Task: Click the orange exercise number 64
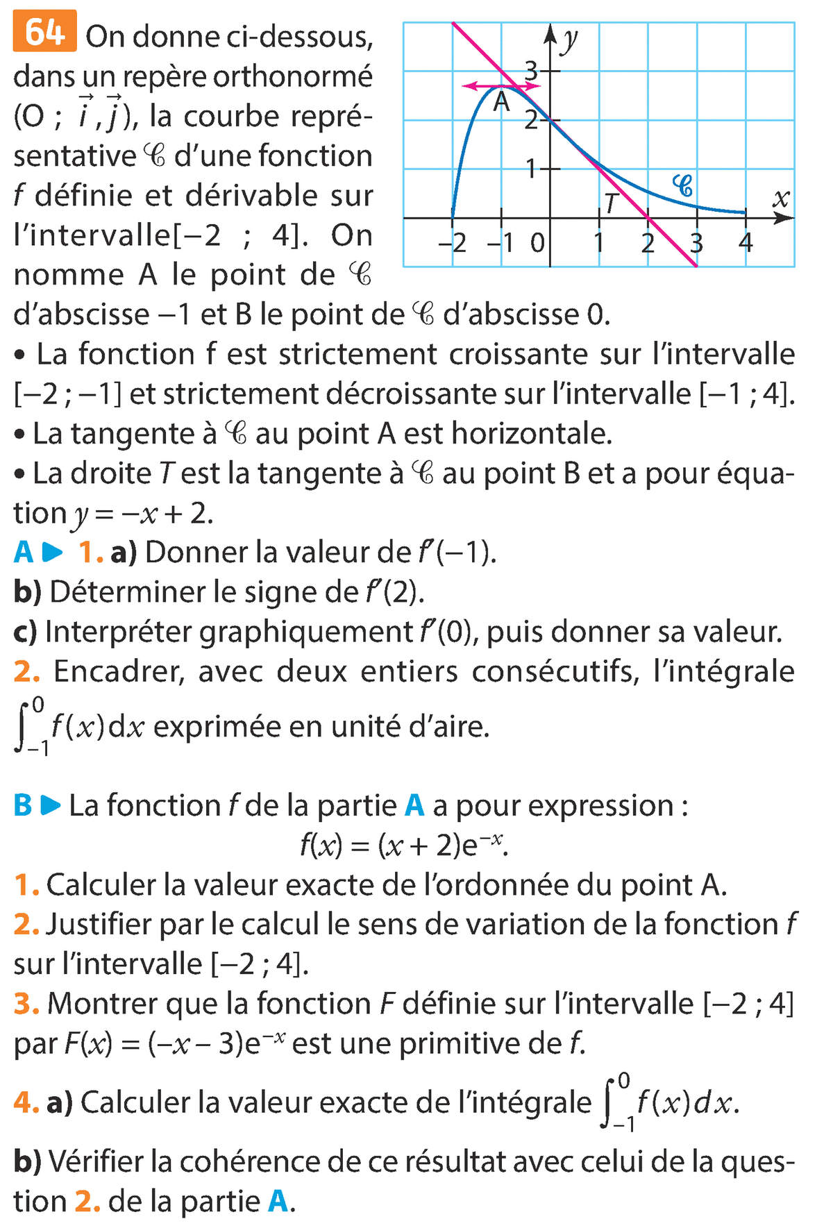pos(44,33)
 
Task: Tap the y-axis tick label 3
pos(531,70)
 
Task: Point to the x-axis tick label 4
pos(746,243)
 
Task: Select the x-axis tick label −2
pos(452,243)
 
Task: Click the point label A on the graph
pos(501,103)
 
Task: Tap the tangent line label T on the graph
pos(610,203)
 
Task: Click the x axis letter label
pos(781,200)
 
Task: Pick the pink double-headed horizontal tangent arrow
pos(501,86)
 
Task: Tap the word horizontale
pos(532,434)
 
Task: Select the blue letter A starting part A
pos(23,553)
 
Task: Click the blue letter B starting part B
pos(23,806)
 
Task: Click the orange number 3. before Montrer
pos(26,1004)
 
